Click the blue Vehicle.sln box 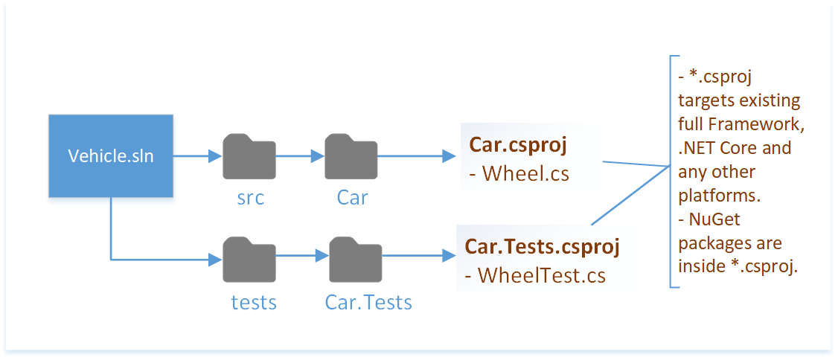[111, 156]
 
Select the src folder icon [249, 156]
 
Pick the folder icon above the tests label [249, 259]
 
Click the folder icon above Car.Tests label [356, 259]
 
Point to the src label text [249, 199]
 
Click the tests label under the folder [253, 302]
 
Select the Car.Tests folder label [368, 302]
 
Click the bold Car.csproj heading [517, 145]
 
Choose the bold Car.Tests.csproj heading [542, 245]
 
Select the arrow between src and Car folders [300, 156]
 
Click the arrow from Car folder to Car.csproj [417, 156]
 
